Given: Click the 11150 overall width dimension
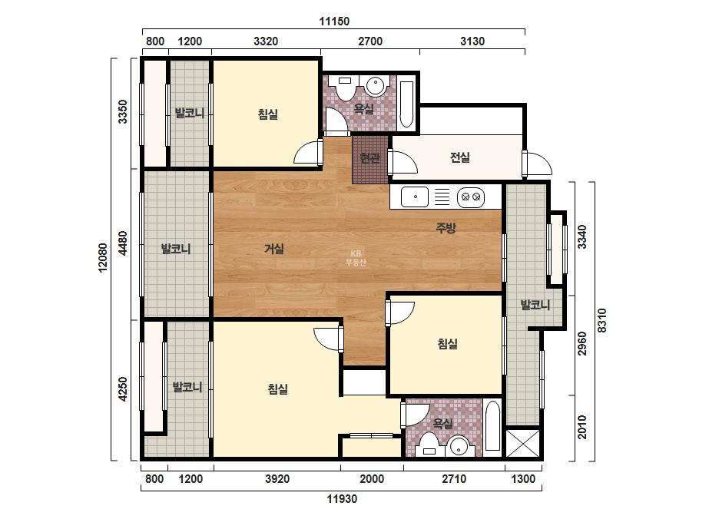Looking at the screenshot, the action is pyautogui.click(x=334, y=21).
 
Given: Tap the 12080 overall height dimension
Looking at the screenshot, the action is pyautogui.click(x=103, y=258).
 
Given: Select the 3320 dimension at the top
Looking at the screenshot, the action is pyautogui.click(x=266, y=41).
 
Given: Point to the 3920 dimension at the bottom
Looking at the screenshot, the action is pyautogui.click(x=277, y=479).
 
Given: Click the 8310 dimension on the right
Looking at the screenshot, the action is pyautogui.click(x=601, y=320).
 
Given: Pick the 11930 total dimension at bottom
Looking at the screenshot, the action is pyautogui.click(x=342, y=499).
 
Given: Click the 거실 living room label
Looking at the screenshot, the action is pyautogui.click(x=274, y=249).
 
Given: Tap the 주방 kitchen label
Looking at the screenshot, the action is pyautogui.click(x=446, y=228).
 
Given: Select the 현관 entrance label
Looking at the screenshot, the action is pyautogui.click(x=370, y=158).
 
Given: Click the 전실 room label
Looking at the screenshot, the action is pyautogui.click(x=460, y=157).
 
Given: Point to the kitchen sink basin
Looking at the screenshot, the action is pyautogui.click(x=415, y=197).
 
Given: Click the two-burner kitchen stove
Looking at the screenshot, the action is pyautogui.click(x=471, y=197).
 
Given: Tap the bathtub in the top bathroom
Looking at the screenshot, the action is pyautogui.click(x=406, y=104).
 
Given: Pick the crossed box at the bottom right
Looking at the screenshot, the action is pyautogui.click(x=522, y=443).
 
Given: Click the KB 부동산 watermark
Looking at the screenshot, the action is pyautogui.click(x=356, y=258).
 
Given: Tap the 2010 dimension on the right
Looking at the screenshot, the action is pyautogui.click(x=582, y=427).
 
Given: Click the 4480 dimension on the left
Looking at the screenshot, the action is pyautogui.click(x=123, y=243).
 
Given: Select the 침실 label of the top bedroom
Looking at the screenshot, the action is pyautogui.click(x=267, y=114).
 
